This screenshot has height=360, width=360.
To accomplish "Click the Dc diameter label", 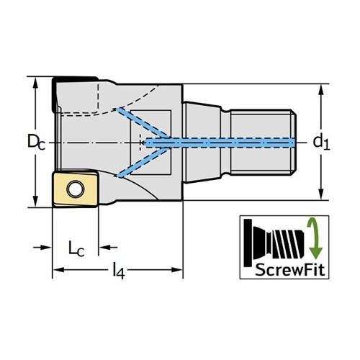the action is (36, 142).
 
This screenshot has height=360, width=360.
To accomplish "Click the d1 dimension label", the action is (321, 142).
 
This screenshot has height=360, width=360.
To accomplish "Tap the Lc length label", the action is (76, 249).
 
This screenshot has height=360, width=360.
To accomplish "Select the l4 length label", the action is (119, 271).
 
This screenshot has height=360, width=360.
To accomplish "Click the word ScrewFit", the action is (290, 270).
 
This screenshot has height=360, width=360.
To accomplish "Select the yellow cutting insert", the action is (76, 189).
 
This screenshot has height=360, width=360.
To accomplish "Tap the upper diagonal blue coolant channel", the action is (143, 123).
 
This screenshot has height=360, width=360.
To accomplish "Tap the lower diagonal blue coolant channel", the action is (143, 163).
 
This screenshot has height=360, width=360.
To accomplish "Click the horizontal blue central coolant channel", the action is (220, 143).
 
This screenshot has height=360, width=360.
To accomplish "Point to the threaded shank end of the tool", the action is (264, 142).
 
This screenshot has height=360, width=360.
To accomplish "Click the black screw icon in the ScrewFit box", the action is (274, 243).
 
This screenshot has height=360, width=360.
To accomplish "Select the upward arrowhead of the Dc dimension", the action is (35, 83).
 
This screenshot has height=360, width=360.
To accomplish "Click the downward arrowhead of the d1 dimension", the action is (321, 194).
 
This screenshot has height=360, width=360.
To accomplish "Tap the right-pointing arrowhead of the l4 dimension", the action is (176, 270).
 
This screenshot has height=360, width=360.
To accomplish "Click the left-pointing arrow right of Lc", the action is (108, 247).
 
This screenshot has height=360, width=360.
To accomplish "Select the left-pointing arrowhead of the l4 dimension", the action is (58, 270).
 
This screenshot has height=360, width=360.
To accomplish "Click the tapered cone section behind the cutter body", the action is (202, 143).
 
